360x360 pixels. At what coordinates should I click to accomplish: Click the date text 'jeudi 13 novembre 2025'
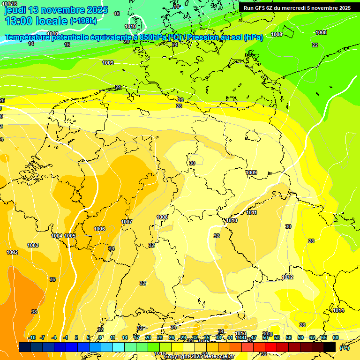click(56, 10)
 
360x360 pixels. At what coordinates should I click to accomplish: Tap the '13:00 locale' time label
click(37, 21)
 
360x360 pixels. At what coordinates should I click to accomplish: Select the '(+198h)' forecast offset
click(83, 21)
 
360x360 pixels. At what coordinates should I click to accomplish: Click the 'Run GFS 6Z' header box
click(297, 8)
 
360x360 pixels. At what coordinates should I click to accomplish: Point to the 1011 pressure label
click(252, 213)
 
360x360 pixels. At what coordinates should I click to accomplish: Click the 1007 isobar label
click(127, 222)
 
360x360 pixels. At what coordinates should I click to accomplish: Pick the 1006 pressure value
click(99, 229)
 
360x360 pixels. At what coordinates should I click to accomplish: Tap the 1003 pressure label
click(33, 245)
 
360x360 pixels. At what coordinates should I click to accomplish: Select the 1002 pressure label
click(12, 252)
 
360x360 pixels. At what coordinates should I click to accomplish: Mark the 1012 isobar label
click(287, 277)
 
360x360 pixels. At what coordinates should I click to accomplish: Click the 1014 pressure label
click(338, 310)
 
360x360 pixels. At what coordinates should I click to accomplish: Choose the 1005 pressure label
click(70, 236)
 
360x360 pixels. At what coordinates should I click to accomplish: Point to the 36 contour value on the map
click(52, 279)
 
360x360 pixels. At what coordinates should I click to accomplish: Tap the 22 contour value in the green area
click(315, 45)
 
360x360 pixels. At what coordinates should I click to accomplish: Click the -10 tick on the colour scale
click(32, 337)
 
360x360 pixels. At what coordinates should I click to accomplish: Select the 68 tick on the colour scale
click(336, 337)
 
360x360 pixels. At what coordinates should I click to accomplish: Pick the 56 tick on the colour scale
click(289, 337)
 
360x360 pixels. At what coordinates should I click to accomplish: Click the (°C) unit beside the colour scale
click(344, 347)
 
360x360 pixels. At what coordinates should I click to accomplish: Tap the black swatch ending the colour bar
click(330, 347)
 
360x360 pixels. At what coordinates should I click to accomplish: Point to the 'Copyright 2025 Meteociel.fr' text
click(199, 356)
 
